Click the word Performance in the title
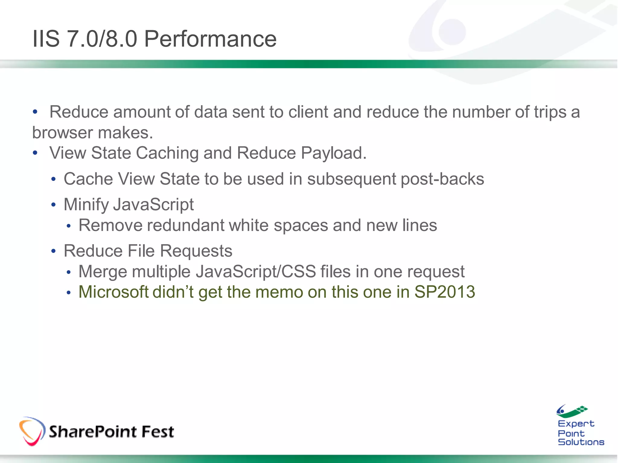[x=210, y=39]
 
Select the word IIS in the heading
[x=46, y=39]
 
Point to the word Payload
[x=333, y=153]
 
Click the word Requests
[x=196, y=251]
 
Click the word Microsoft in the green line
[x=113, y=292]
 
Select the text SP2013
[x=444, y=292]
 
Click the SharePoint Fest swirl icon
[x=32, y=431]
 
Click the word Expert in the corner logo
[x=576, y=424]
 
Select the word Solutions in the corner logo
[x=581, y=442]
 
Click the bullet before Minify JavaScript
[x=54, y=205]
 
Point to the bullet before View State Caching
[x=35, y=153]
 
